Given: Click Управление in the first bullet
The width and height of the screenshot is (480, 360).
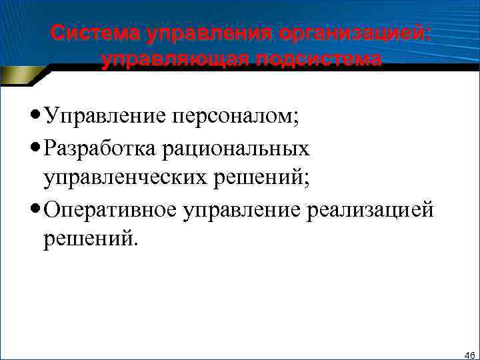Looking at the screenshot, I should (x=104, y=117).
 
